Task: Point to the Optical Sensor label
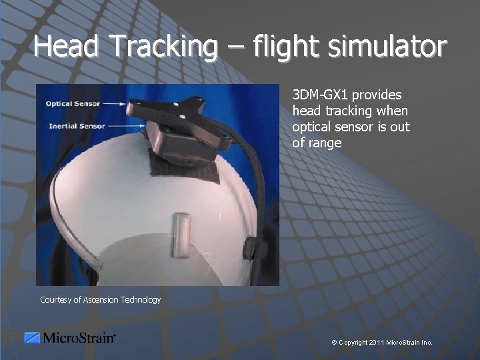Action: (x=73, y=104)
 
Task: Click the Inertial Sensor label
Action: (x=77, y=126)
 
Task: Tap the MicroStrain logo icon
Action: (x=32, y=338)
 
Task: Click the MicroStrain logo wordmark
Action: (x=79, y=338)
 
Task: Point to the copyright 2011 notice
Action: (x=381, y=343)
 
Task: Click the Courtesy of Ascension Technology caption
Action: (x=100, y=300)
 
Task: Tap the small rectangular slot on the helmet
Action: (x=181, y=234)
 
